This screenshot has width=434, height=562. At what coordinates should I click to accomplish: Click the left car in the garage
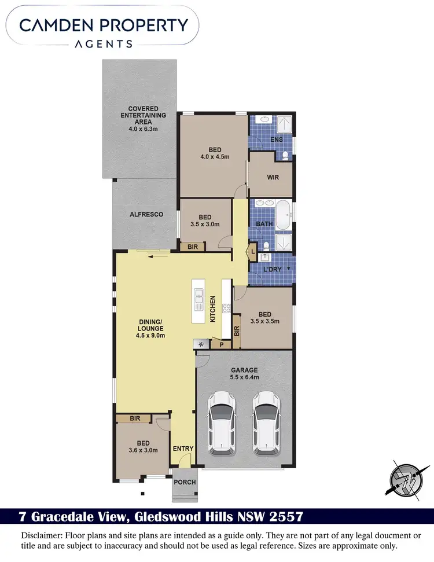coord(222,421)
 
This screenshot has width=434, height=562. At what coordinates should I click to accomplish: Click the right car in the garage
coord(266,421)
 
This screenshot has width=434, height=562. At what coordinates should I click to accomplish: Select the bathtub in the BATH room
coord(283,214)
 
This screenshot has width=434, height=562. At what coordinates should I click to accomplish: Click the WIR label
coord(273,177)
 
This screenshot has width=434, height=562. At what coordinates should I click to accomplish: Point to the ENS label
coord(277,139)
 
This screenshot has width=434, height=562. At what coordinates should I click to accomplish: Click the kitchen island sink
coord(198,299)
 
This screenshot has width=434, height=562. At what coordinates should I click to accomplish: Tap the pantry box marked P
coord(221,344)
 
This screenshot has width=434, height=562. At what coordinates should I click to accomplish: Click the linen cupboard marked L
coord(253,251)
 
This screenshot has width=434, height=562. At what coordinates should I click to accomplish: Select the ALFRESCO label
coord(146,214)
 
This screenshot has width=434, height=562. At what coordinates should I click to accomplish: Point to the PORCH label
coord(185,482)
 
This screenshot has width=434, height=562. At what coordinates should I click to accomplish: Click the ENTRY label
coord(183,449)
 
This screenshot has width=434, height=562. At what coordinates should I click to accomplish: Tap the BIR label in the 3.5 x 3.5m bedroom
coord(236,332)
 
